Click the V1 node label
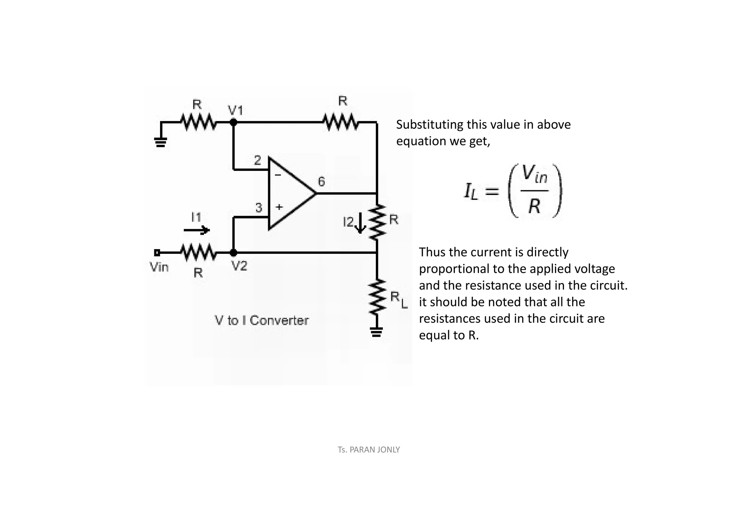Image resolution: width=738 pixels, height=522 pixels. [x=236, y=110]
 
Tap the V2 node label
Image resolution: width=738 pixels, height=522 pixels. [x=239, y=266]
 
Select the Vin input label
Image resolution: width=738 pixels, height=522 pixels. [x=159, y=267]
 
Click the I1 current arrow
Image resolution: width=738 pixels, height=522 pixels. [x=196, y=230]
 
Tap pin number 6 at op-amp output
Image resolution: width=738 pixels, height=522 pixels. [x=321, y=182]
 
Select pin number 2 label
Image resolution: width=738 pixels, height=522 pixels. [x=257, y=160]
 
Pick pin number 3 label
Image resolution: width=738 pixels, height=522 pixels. [x=259, y=208]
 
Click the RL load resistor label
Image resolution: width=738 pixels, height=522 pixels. [x=399, y=299]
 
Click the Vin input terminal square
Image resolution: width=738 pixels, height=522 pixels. [x=157, y=252]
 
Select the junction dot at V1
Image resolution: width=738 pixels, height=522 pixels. [x=234, y=122]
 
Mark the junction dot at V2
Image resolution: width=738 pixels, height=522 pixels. [x=234, y=252]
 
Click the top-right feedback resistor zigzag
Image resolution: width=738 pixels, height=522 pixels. [x=341, y=122]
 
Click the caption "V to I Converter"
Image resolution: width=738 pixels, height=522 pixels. [x=262, y=320]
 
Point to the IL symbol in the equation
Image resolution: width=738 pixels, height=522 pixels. [x=471, y=191]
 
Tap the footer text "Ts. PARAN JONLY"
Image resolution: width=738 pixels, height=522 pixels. [x=369, y=450]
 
